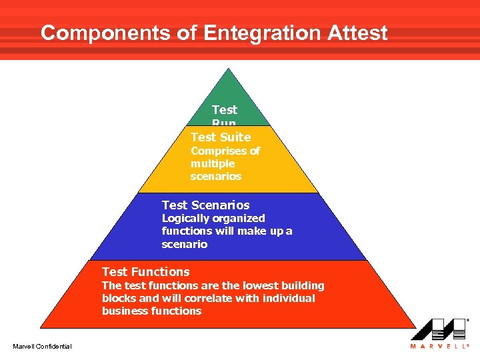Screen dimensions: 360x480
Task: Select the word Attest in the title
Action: click(355, 33)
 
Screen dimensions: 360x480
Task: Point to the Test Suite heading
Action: click(221, 137)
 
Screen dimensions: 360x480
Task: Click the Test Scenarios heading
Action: click(205, 205)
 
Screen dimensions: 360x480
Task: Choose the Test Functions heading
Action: click(145, 272)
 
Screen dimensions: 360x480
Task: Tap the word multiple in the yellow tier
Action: click(213, 164)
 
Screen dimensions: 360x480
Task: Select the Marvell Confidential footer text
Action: click(42, 345)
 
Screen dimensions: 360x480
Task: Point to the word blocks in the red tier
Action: click(119, 299)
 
